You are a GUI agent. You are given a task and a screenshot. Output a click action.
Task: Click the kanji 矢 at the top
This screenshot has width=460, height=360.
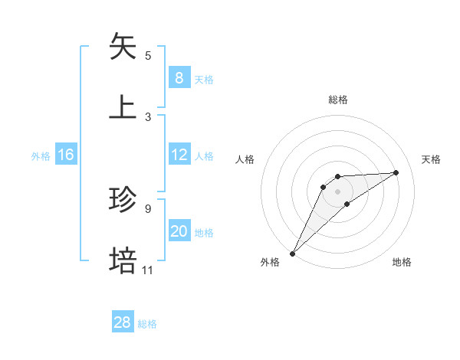[x=123, y=46]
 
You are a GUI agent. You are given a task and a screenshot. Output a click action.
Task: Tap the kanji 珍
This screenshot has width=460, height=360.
[x=123, y=199]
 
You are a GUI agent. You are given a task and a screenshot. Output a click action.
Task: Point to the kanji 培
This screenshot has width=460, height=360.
[x=123, y=260]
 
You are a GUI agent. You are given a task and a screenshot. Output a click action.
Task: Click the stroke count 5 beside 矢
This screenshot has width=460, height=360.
[x=148, y=55]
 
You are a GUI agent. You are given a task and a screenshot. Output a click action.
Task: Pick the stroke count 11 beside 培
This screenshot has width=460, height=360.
[x=148, y=270]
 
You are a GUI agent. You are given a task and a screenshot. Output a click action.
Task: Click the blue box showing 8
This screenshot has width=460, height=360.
[x=179, y=78]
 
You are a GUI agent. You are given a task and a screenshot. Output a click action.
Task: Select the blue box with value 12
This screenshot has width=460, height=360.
[x=179, y=155]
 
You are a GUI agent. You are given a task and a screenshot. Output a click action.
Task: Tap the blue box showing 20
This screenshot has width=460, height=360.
[x=179, y=231]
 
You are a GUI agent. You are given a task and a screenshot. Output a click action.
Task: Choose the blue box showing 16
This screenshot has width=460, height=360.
[x=65, y=155]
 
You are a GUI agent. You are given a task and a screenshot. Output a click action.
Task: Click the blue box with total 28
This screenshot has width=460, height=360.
[x=122, y=322]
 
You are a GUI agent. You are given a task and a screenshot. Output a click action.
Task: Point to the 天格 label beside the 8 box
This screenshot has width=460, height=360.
[x=204, y=80]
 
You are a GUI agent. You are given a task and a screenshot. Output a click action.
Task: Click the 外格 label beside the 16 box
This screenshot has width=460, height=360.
[x=41, y=156]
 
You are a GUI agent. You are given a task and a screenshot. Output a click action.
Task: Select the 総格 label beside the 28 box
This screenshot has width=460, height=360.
[x=147, y=324]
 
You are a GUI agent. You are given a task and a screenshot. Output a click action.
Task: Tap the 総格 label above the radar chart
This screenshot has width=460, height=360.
[x=338, y=100]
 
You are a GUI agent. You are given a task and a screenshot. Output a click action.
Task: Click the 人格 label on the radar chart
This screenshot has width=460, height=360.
[x=245, y=159]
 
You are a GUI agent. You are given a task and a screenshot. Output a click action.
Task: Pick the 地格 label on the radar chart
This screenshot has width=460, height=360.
[x=402, y=262]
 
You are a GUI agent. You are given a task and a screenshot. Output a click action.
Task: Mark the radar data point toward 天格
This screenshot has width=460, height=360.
[x=396, y=172]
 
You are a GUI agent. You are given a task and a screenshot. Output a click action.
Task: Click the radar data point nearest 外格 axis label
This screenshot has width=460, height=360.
[x=292, y=253]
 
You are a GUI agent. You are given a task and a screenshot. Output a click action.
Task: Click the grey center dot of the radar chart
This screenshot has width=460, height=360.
[x=338, y=191]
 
